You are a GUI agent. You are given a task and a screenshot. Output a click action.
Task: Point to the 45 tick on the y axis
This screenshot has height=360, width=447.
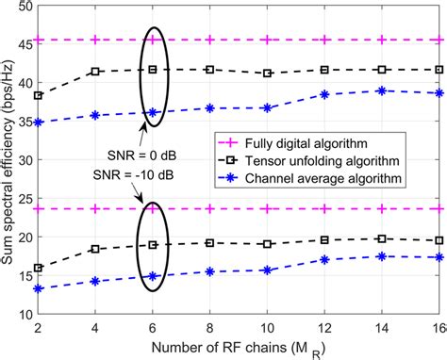coord(20,41)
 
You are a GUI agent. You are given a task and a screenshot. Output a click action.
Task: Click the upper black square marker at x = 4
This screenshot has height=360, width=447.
coord(94,72)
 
